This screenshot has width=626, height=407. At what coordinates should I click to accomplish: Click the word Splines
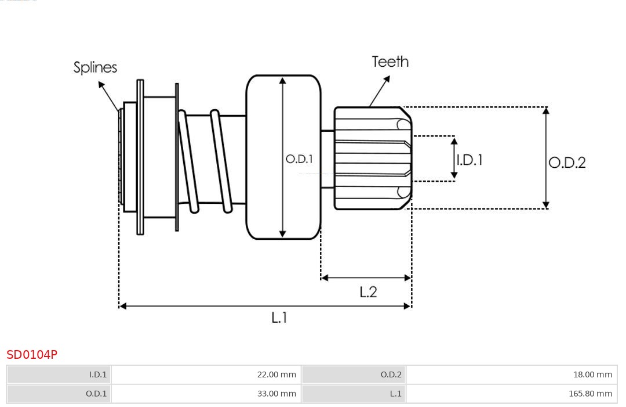tap(95, 67)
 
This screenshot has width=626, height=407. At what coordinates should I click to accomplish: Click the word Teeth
tap(390, 62)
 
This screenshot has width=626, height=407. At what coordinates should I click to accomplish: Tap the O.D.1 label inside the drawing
tap(299, 159)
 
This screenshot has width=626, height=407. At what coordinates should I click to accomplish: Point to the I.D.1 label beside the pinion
tap(469, 160)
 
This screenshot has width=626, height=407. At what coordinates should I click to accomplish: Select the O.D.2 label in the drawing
tap(567, 163)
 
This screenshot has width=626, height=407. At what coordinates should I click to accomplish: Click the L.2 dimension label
tap(368, 291)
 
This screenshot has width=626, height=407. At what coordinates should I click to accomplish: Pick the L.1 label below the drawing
tap(279, 317)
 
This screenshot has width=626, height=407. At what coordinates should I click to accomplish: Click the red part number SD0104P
tap(32, 354)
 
